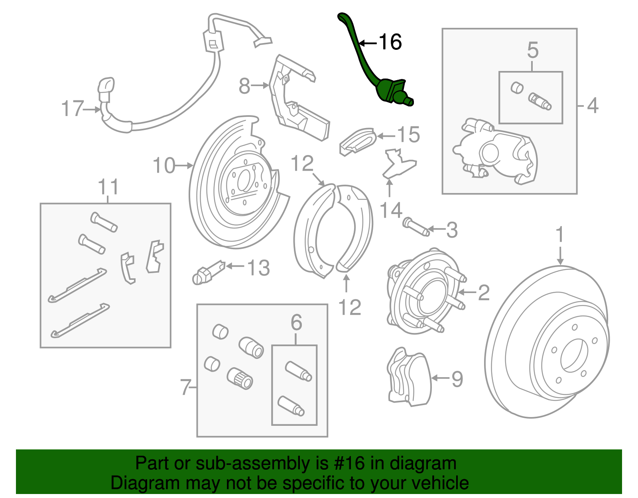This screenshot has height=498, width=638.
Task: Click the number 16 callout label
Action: pyautogui.click(x=390, y=42)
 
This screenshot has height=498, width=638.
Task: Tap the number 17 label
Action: pyautogui.click(x=73, y=108)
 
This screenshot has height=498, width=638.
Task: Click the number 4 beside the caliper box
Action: pyautogui.click(x=593, y=106)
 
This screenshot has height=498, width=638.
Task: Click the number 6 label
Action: pyautogui.click(x=296, y=322)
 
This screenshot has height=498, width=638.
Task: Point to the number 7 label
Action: pyautogui.click(x=185, y=387)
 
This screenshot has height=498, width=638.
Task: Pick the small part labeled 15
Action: pyautogui.click(x=358, y=140)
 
